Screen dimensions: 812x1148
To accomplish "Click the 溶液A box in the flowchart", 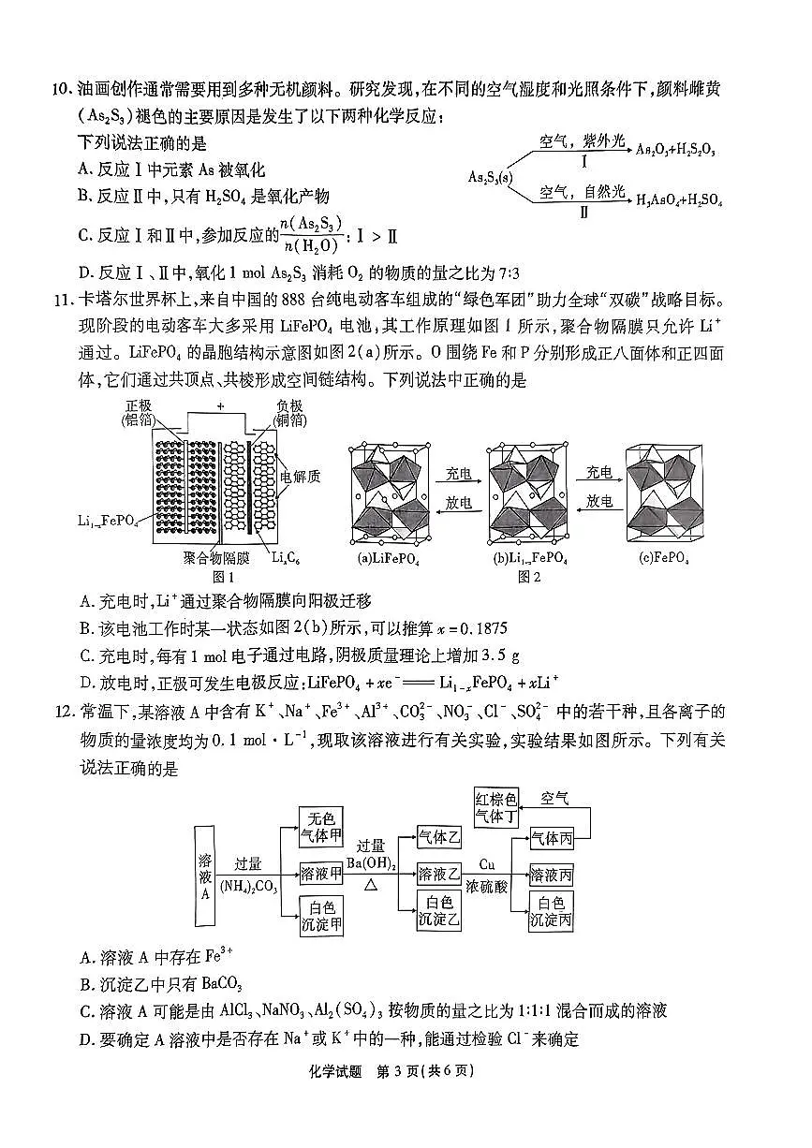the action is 206,876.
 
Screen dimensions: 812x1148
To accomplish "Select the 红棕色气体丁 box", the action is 496,808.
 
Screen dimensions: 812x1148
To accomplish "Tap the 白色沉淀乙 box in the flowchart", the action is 440,911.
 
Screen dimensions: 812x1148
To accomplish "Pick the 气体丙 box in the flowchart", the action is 552,837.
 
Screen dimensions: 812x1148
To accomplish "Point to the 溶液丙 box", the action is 552,875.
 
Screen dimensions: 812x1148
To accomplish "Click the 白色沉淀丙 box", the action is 552,911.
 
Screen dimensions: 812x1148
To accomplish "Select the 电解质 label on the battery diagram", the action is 302,477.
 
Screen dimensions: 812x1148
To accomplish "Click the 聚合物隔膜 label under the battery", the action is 216,559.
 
